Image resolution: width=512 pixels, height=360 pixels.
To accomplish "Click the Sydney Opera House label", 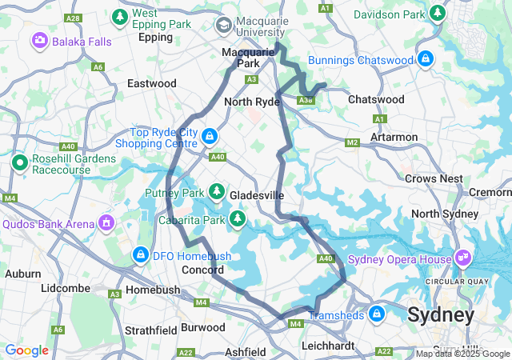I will point(390,258).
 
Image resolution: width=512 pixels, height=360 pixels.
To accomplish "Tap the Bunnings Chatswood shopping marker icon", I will point(426,58).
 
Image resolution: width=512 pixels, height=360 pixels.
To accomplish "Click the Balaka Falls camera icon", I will point(39,39).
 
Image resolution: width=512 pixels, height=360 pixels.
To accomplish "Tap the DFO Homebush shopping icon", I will point(140,254).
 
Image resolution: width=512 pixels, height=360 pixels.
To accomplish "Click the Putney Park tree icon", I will point(216,191).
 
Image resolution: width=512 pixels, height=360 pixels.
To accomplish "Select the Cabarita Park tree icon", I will point(237,218).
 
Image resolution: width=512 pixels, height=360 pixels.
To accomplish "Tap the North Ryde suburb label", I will point(251,102).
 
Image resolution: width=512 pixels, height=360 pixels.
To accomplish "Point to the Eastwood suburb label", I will point(152,83).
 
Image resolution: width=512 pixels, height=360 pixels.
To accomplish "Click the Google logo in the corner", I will point(26,350).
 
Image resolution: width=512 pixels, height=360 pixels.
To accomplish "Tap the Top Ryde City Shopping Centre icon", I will point(209,137).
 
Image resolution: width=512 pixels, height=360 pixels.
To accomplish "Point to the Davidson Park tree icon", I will point(437,14).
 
